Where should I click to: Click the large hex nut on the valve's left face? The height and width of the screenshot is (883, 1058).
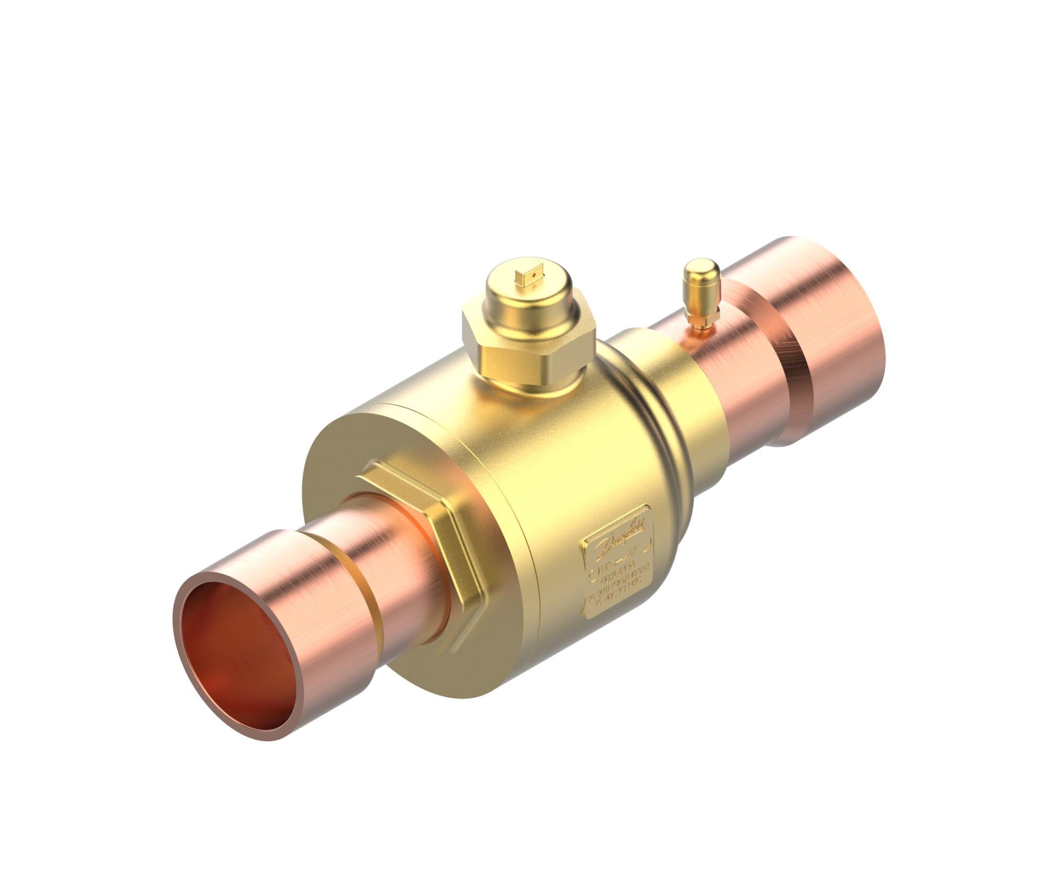click(423, 534)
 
